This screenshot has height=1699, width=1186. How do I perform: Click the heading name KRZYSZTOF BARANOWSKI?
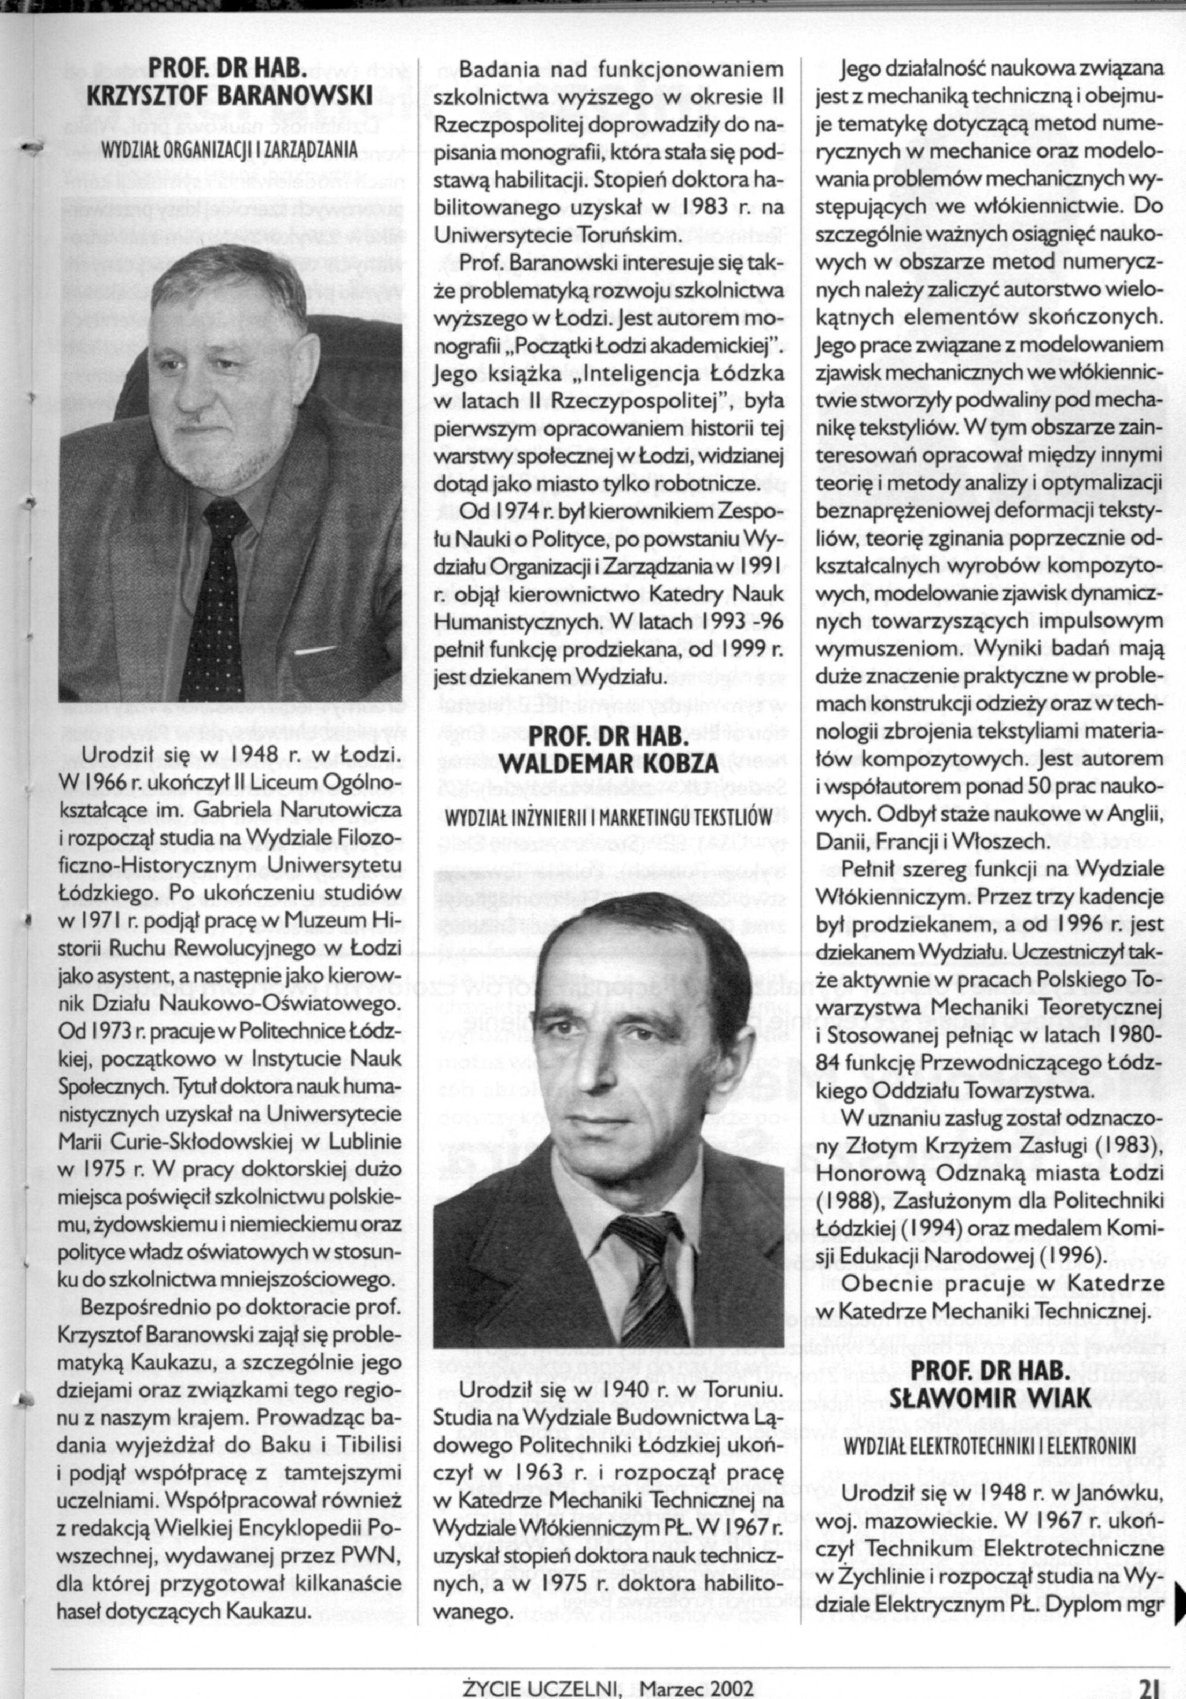[229, 96]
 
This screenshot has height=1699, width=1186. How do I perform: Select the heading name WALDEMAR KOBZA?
[610, 764]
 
